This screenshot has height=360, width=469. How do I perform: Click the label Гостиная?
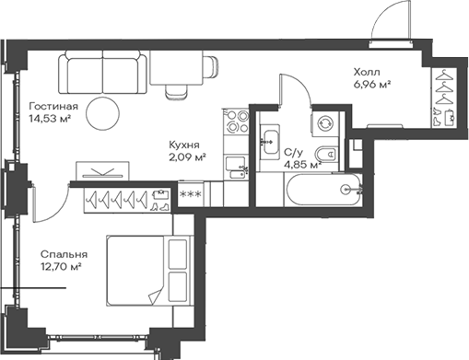(52, 106)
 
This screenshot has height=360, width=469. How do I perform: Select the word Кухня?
(185, 144)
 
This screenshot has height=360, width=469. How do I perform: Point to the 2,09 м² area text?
(186, 157)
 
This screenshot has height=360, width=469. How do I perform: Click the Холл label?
(367, 71)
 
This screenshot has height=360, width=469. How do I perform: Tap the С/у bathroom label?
(294, 152)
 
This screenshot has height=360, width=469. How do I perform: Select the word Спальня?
(64, 253)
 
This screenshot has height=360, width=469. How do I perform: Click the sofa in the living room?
(102, 71)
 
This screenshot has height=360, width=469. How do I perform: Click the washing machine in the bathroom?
(325, 121)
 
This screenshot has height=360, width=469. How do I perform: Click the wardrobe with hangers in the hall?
(443, 96)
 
